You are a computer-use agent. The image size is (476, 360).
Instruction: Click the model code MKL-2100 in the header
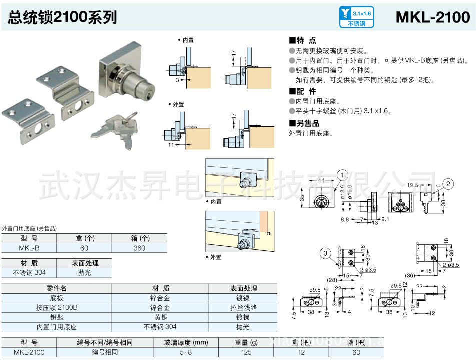coord(432,17)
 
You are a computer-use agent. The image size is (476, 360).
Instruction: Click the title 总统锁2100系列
coord(62,17)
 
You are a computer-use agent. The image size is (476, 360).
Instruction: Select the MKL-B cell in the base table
coord(29,248)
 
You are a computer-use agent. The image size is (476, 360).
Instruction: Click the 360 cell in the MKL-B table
coord(139,248)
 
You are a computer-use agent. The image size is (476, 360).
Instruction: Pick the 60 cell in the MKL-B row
coord(84,248)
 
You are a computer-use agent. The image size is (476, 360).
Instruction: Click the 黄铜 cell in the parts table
coord(160,317)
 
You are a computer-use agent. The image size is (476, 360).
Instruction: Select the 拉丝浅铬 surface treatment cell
coord(243,307)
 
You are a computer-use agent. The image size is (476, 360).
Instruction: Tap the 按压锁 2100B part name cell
coord(57,307)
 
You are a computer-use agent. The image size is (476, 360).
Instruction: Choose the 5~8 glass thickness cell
coord(185,352)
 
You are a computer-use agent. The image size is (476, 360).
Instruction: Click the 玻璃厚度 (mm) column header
coord(185,342)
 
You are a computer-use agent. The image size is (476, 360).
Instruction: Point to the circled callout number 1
coord(342,175)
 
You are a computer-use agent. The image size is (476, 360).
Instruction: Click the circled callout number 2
coord(449,183)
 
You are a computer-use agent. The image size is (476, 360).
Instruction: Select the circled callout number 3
coord(326,254)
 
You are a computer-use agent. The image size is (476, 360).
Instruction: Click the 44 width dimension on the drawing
coord(321,180)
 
